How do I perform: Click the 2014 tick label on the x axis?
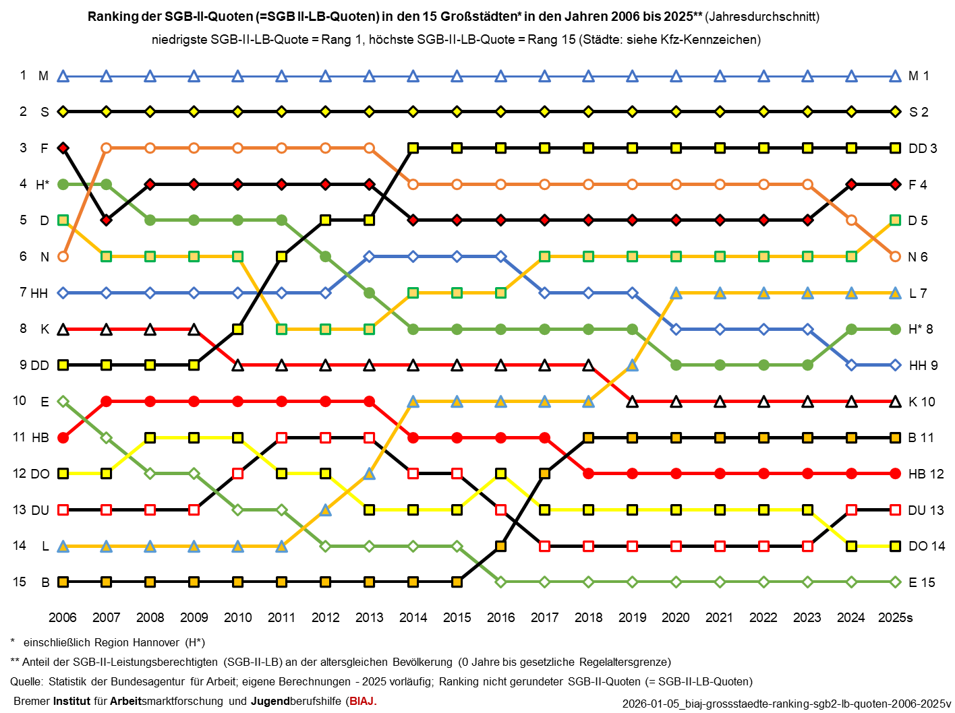[413, 617]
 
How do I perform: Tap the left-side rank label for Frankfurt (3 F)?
[34, 148]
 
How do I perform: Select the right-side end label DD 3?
[923, 148]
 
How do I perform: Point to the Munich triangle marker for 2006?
[63, 76]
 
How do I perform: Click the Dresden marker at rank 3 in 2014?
[413, 148]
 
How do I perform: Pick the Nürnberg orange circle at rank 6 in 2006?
[63, 256]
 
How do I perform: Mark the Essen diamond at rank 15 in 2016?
[500, 582]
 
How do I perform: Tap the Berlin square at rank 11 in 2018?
[588, 438]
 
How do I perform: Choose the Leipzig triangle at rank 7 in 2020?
[676, 293]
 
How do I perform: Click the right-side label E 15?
[921, 582]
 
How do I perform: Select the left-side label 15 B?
[31, 582]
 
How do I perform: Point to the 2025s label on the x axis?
[895, 617]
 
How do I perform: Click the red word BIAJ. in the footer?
[363, 701]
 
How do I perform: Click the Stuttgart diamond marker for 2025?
[895, 111]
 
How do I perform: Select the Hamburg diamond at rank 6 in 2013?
[369, 256]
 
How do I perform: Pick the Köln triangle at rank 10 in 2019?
[632, 402]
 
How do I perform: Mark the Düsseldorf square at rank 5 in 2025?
[895, 220]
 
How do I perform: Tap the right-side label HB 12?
[926, 474]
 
